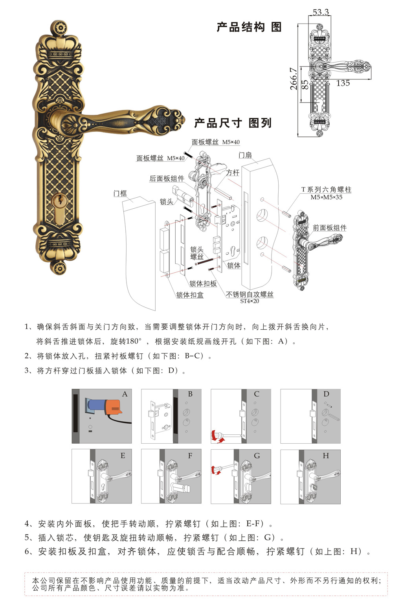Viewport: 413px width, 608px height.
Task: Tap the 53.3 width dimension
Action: (x=321, y=12)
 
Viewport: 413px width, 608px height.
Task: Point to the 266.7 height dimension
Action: (x=294, y=79)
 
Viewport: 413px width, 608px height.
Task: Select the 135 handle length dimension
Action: (x=343, y=83)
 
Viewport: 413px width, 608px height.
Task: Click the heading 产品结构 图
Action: (x=249, y=27)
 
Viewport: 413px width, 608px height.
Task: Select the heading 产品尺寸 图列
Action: (x=233, y=123)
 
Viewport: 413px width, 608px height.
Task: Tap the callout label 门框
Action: (x=120, y=193)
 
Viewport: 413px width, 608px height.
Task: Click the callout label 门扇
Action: (x=245, y=155)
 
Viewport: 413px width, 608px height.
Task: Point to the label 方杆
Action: (x=233, y=173)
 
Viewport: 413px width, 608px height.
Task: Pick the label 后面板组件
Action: (x=167, y=178)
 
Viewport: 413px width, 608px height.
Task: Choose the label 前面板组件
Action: (x=329, y=228)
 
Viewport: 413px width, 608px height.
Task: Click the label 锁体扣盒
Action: (x=190, y=295)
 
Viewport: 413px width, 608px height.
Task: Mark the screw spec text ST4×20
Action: (x=250, y=301)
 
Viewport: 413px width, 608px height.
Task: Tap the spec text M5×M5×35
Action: (x=326, y=197)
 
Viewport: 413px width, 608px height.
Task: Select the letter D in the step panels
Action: (x=326, y=394)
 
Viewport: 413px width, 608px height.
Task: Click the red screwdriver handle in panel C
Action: (x=215, y=435)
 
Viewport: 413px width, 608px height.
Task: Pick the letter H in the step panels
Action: (x=326, y=456)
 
